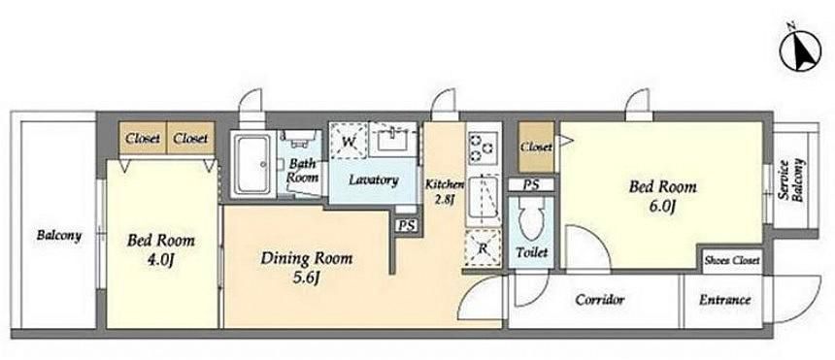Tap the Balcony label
[58, 236]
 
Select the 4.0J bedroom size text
[161, 260]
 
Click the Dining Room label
[306, 259]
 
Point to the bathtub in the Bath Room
[251, 165]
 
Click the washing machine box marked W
[349, 141]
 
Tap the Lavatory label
[373, 180]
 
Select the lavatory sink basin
[393, 140]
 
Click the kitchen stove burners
[483, 146]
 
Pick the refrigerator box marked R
[483, 247]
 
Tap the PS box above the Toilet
[531, 184]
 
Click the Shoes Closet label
[732, 261]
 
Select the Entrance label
[724, 300]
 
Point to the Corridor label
[600, 300]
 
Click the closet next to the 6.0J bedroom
[536, 147]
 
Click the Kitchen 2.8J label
[445, 192]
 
